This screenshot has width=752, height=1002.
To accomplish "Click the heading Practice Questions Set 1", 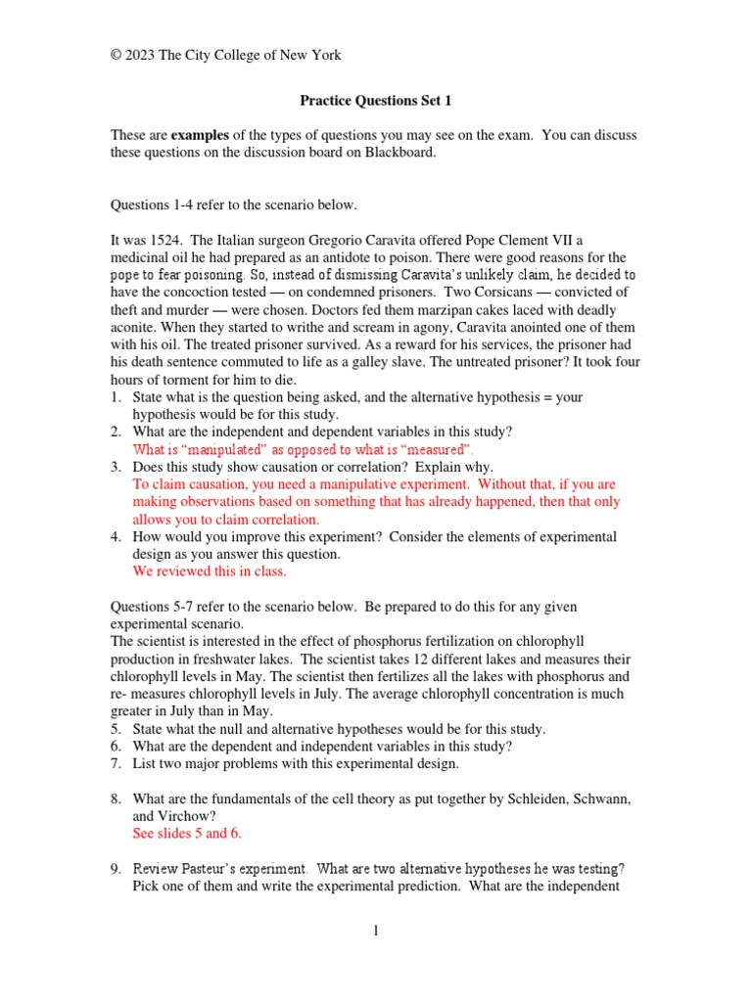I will pos(375,100).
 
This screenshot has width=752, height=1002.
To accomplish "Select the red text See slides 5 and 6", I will pos(186,834).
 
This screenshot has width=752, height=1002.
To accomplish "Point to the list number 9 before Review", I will pos(115,869).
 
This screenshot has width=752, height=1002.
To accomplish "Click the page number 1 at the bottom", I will pos(376,931).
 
